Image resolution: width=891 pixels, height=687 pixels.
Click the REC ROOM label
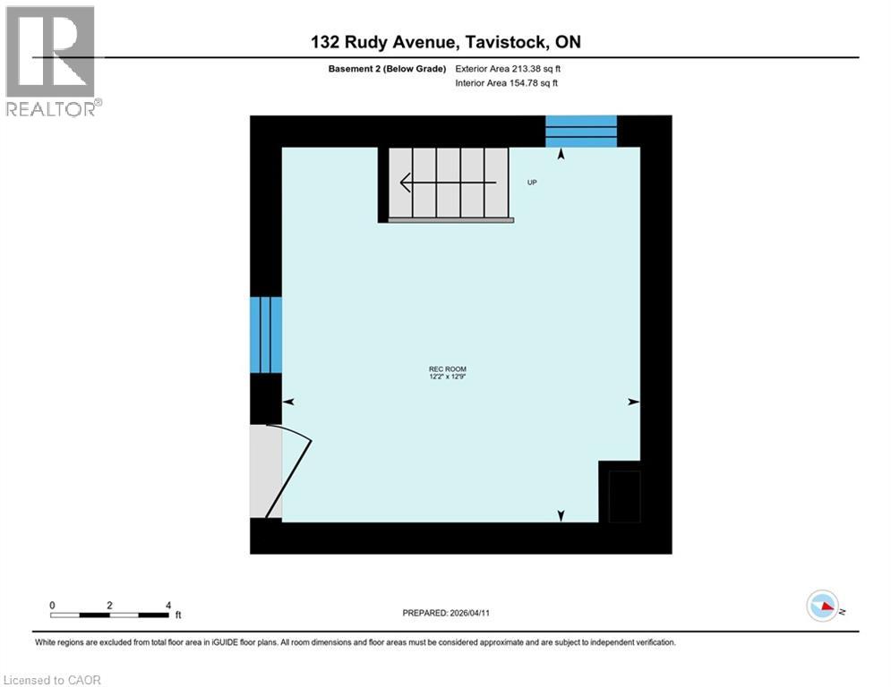click(x=447, y=369)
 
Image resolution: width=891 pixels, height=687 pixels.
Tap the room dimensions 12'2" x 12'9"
click(x=447, y=377)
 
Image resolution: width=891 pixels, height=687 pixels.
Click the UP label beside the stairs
click(x=532, y=182)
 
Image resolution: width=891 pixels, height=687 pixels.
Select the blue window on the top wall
click(x=581, y=131)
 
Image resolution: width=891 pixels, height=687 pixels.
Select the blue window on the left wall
click(x=265, y=335)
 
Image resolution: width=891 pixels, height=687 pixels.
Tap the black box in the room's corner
click(x=624, y=495)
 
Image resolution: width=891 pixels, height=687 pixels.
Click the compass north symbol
click(x=822, y=606)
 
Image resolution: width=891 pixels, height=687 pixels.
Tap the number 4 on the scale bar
click(x=168, y=606)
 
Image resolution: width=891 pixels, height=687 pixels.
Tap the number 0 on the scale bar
click(x=52, y=606)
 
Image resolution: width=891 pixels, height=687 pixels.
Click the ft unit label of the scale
click(x=177, y=615)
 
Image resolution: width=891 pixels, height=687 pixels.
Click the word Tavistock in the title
click(x=508, y=42)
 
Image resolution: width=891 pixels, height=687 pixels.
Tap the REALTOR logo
click(x=52, y=61)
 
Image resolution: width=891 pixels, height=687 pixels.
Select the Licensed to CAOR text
click(x=53, y=680)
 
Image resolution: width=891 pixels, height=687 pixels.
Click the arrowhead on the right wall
click(x=633, y=403)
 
